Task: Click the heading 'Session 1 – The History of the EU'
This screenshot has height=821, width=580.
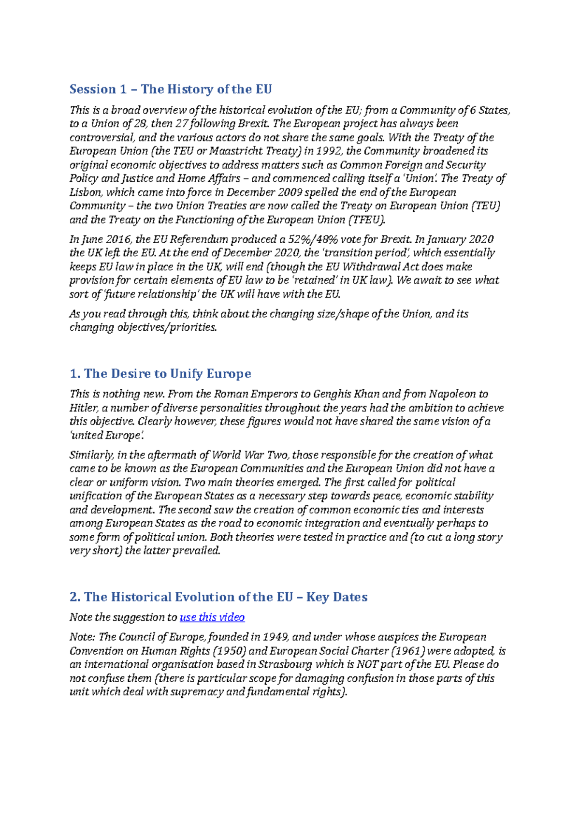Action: pos(171,89)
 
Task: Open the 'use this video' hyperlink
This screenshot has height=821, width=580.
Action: pos(212,617)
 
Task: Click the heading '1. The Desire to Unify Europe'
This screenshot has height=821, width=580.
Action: pos(160,374)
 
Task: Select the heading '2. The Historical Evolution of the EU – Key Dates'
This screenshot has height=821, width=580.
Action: pos(218,597)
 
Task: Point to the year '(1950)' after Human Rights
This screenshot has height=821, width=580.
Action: pos(227,651)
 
